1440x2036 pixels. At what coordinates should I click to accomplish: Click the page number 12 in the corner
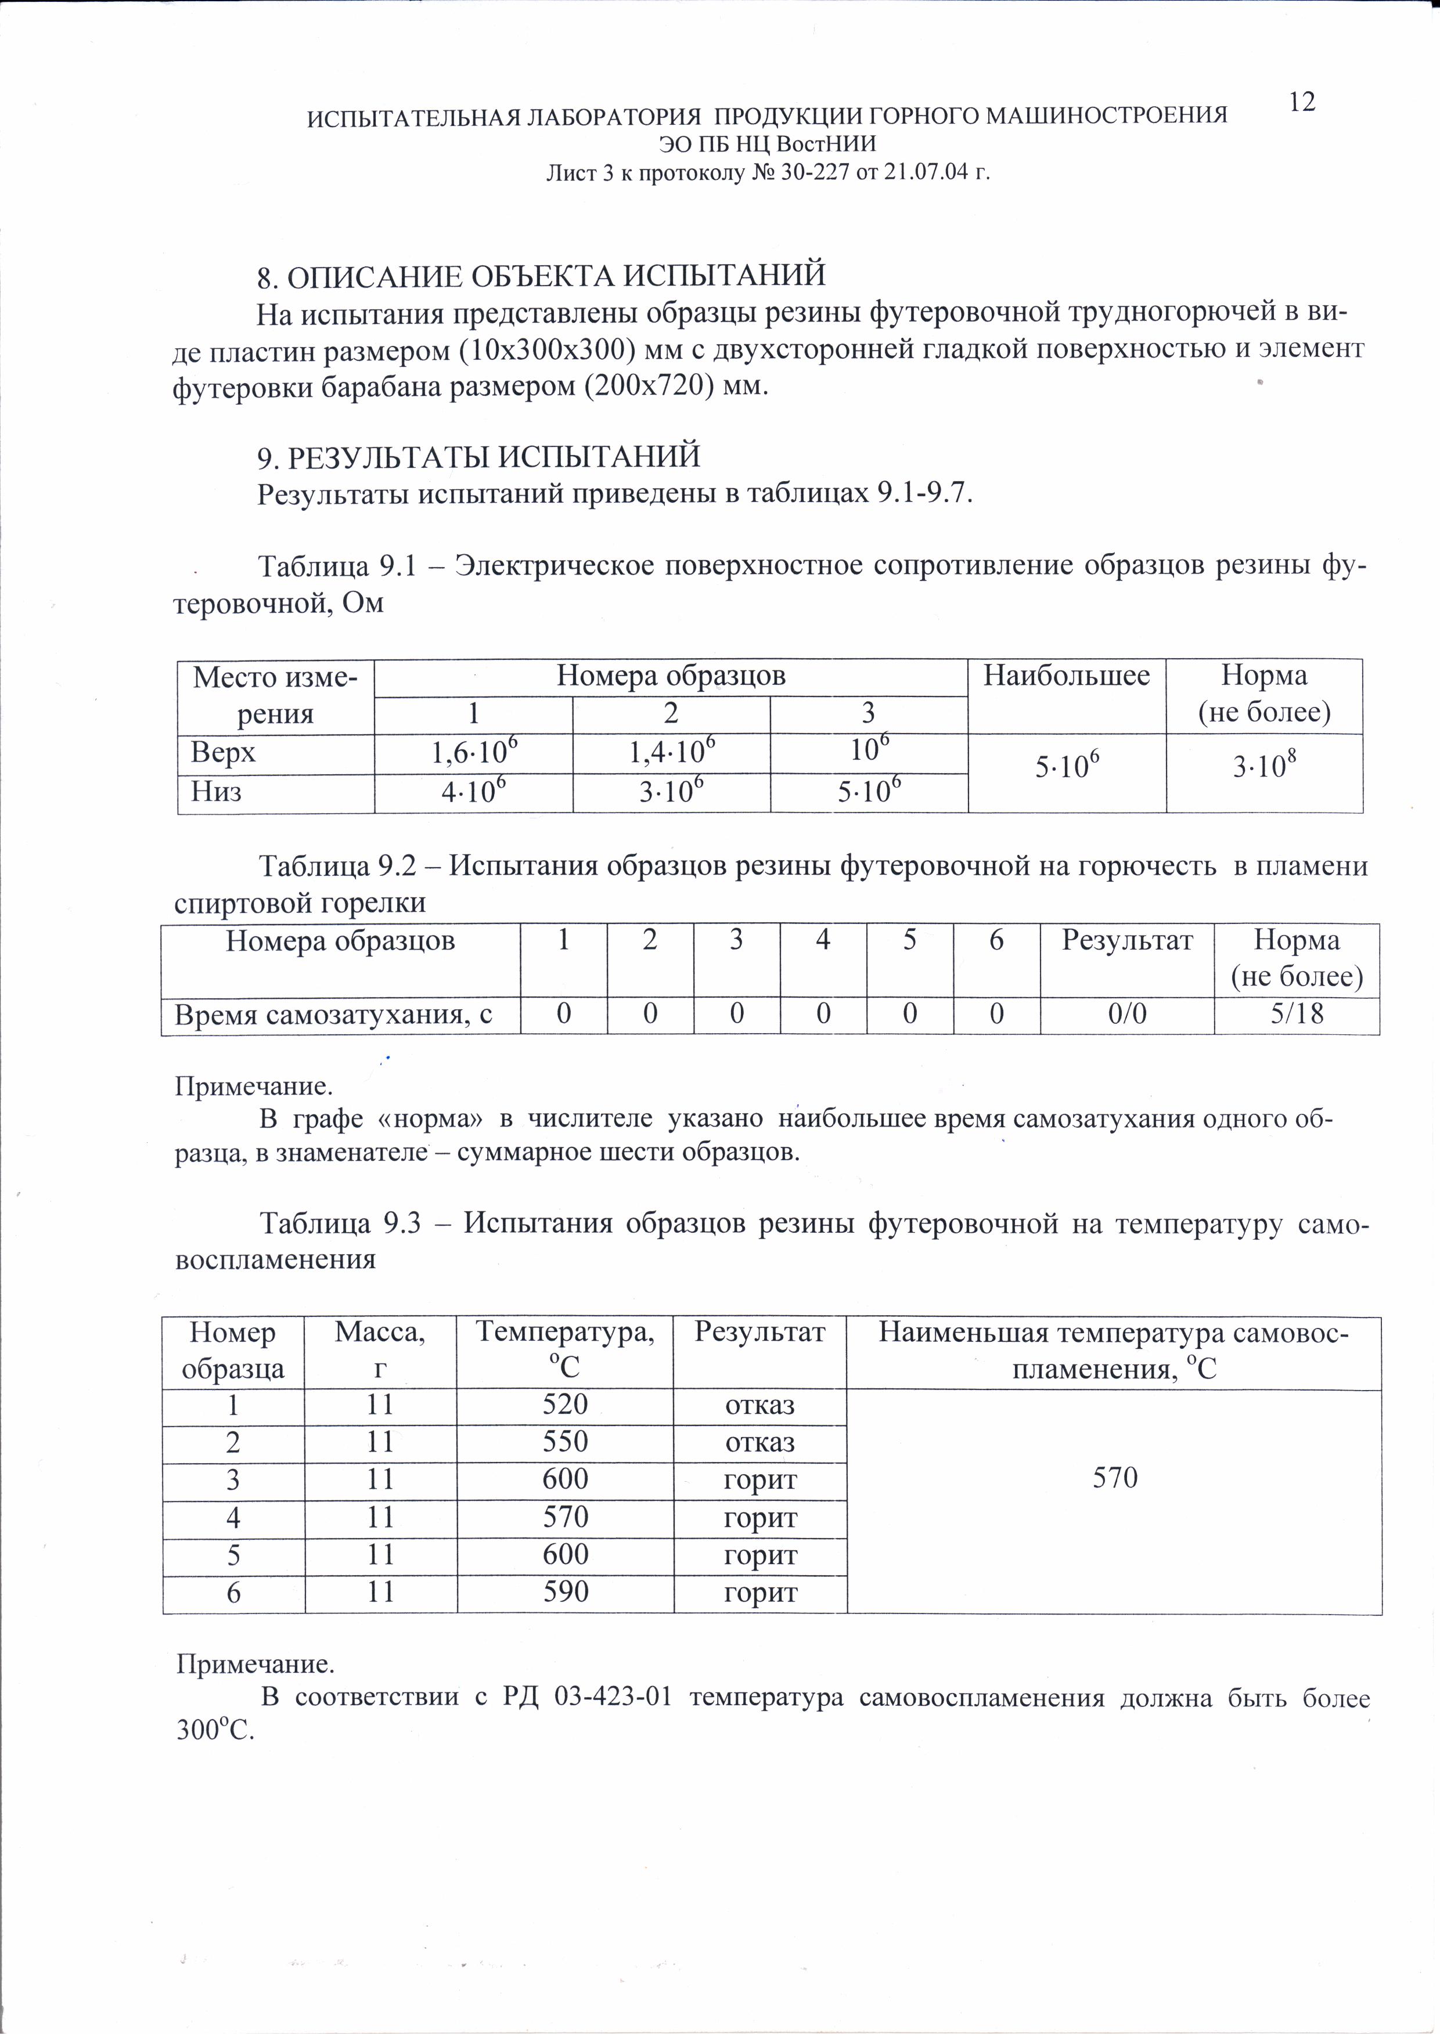(x=1302, y=103)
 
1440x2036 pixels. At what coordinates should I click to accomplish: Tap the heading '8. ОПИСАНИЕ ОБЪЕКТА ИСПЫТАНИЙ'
(x=541, y=276)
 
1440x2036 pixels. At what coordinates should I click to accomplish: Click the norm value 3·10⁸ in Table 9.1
(x=1263, y=768)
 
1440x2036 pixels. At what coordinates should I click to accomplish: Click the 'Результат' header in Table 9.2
(x=1127, y=941)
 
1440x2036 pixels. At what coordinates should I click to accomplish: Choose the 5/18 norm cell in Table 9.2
(x=1296, y=1015)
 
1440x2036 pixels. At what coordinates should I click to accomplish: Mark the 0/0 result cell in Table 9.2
(x=1127, y=1015)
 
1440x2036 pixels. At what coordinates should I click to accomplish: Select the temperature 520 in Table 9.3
(x=564, y=1404)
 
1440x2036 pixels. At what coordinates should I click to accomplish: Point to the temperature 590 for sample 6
(x=564, y=1592)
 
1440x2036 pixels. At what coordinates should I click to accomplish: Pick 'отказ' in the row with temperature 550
(x=759, y=1442)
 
